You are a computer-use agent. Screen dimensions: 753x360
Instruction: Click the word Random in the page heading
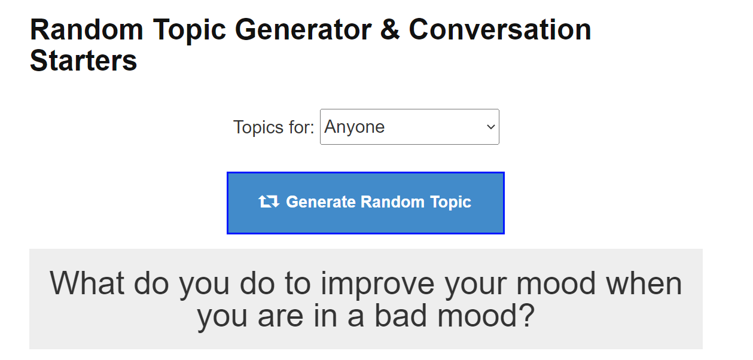(87, 30)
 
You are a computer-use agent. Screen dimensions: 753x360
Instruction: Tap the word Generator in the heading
(303, 30)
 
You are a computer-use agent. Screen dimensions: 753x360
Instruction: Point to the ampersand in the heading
(390, 30)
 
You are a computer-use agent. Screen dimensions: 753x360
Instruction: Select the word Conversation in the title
(499, 30)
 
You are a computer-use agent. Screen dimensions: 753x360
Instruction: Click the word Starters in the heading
(83, 61)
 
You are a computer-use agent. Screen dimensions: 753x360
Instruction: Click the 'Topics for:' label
(274, 127)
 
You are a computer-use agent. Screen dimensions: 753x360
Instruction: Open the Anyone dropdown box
(410, 127)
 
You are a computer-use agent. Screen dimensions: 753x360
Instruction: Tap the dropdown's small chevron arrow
(491, 127)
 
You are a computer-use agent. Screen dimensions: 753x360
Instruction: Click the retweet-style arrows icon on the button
(269, 202)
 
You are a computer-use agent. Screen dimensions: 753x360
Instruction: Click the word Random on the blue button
(392, 202)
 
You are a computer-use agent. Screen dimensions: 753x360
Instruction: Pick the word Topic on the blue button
(451, 202)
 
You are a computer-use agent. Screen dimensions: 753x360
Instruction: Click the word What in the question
(87, 283)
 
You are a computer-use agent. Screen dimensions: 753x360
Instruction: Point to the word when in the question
(644, 283)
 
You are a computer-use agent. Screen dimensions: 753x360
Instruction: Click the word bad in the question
(400, 316)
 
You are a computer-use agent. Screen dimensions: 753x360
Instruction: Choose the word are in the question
(281, 318)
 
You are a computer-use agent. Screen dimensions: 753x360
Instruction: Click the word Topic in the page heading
(190, 32)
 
